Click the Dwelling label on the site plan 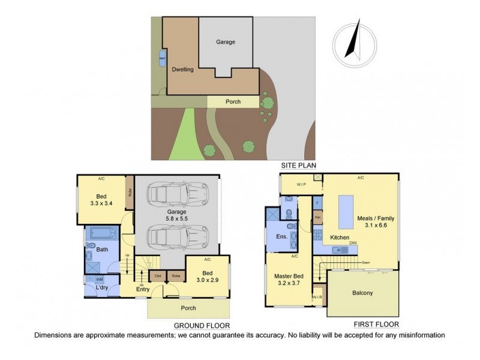tap(182, 70)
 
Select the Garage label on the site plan tap(226, 42)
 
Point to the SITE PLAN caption tap(298, 164)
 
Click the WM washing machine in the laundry tap(98, 279)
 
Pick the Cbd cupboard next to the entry tap(157, 276)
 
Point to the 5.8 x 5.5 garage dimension tap(177, 220)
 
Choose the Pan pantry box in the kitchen tap(317, 217)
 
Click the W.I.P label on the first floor tap(299, 184)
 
